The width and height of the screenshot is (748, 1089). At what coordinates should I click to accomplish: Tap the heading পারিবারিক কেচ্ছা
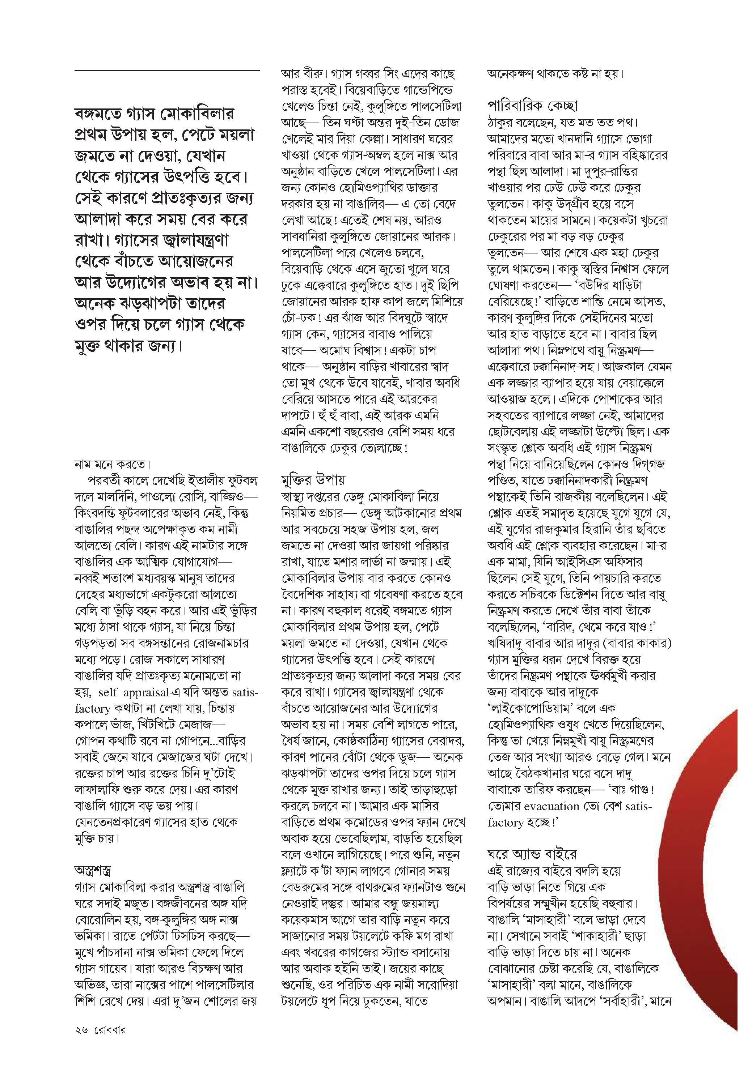tap(532, 106)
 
